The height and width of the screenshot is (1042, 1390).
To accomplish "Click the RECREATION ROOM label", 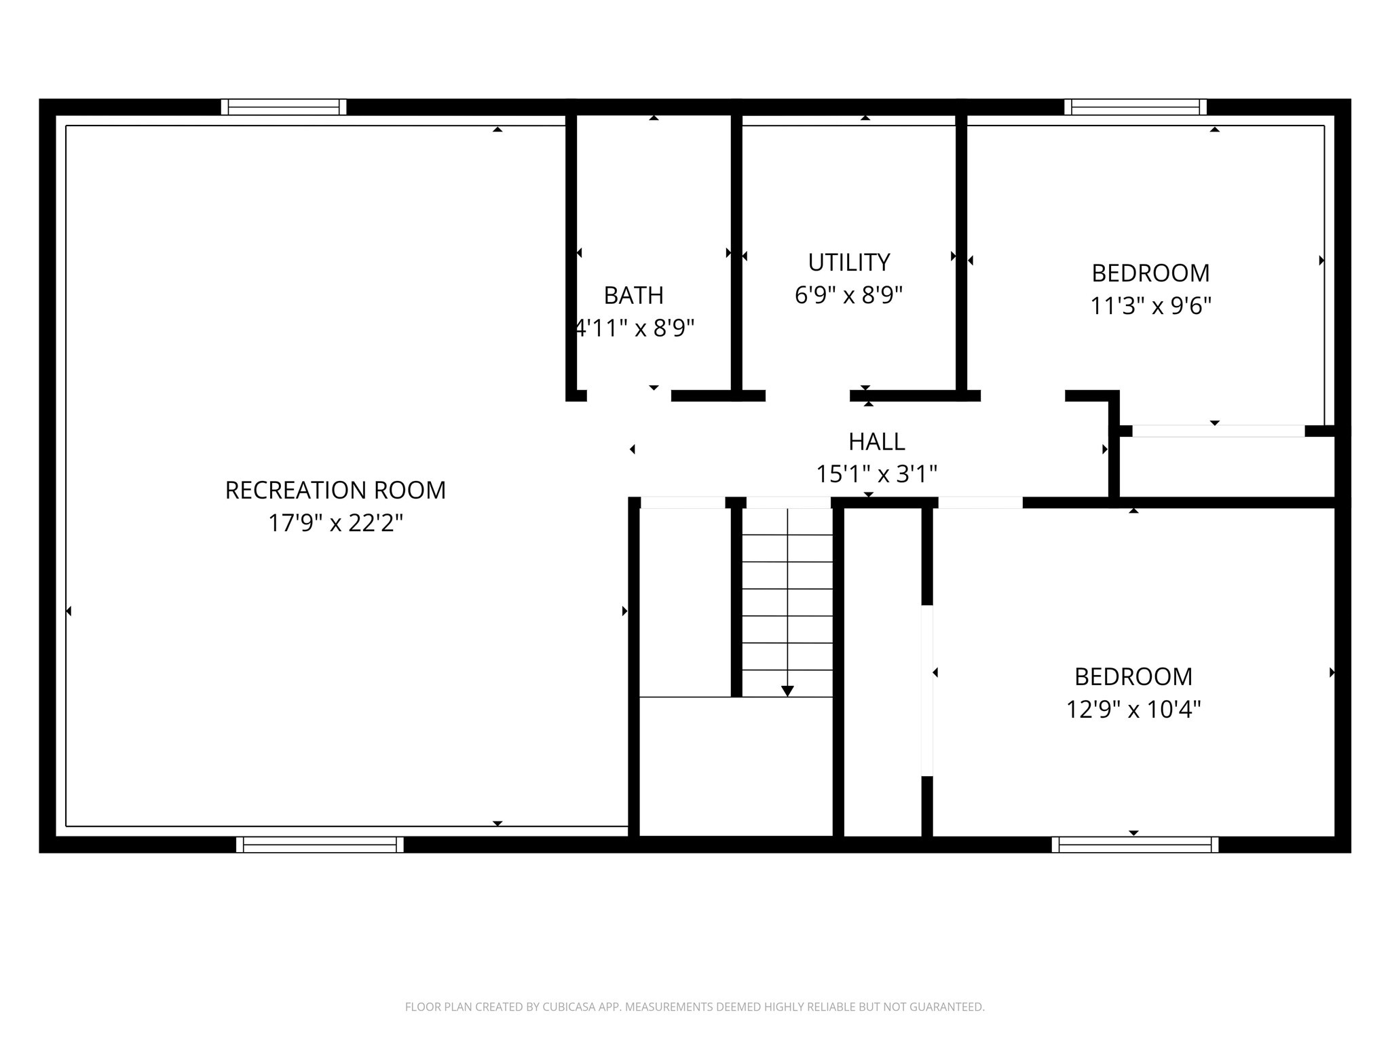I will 335,490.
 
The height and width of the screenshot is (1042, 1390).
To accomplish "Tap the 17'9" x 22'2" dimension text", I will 335,523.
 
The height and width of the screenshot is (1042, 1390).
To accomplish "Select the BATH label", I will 633,295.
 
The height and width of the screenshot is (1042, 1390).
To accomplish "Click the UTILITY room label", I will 848,262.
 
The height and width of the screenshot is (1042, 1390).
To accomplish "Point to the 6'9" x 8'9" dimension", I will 848,295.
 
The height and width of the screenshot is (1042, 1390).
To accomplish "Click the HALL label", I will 876,442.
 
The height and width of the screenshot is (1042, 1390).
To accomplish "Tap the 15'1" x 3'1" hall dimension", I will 876,474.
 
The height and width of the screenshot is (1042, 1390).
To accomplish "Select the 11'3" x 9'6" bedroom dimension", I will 1150,306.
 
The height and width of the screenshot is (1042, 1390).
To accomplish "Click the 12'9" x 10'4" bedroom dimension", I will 1133,710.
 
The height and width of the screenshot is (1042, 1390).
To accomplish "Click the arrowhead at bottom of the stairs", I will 787,691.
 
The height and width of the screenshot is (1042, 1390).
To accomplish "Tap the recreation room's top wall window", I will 284,107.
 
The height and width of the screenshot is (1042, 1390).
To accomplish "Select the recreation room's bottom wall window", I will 320,845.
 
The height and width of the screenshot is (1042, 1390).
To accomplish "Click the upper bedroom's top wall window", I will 1135,107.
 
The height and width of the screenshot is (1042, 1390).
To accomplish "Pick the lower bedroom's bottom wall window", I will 1135,845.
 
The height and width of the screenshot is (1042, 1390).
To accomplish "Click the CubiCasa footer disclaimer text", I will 694,1007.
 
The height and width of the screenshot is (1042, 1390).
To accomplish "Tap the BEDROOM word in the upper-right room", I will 1150,273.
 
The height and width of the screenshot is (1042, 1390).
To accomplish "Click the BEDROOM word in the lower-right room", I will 1133,676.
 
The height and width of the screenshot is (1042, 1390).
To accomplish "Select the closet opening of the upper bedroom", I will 1218,431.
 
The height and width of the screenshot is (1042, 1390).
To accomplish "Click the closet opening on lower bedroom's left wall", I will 927,690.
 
